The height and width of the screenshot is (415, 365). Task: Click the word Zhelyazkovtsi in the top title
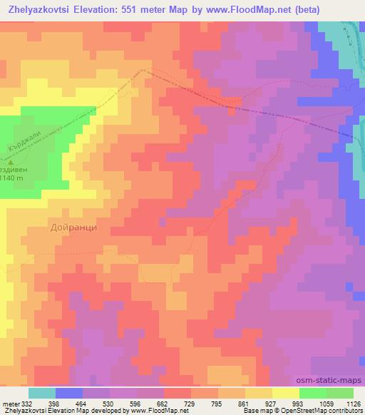pyautogui.click(x=42, y=9)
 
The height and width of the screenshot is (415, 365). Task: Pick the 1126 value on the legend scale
pyautogui.click(x=351, y=404)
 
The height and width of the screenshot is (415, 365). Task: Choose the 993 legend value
pyautogui.click(x=299, y=404)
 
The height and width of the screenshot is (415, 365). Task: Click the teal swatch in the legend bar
pyautogui.click(x=42, y=393)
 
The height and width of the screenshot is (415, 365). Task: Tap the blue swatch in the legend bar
pyautogui.click(x=69, y=393)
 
